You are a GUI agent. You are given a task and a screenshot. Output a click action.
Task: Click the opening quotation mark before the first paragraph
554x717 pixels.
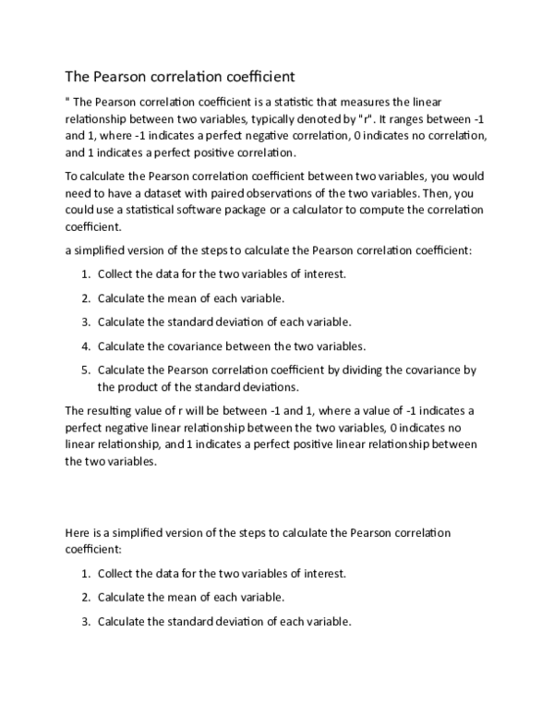66,102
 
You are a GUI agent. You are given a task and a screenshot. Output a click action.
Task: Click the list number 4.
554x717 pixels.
84,346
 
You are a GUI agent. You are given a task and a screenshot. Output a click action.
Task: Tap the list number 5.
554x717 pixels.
84,370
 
